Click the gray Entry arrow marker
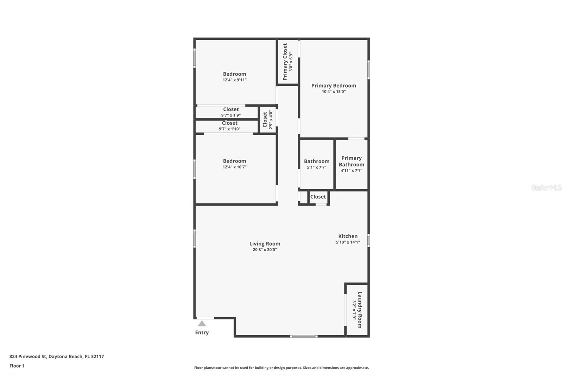[x=202, y=324]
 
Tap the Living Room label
[x=265, y=243]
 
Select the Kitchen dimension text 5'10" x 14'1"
[x=348, y=242]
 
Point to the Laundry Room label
[x=360, y=310]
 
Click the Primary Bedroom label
[x=334, y=85]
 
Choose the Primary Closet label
[x=285, y=62]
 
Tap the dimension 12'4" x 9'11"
[x=234, y=80]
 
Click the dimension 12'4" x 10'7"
[x=234, y=167]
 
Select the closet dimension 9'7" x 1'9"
[x=231, y=115]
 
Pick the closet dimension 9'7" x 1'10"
[x=229, y=129]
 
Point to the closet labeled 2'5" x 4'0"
[x=268, y=120]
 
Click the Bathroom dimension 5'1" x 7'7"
[x=317, y=167]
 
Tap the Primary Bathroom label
[x=352, y=161]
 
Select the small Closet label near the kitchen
[x=318, y=197]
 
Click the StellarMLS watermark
[x=546, y=187]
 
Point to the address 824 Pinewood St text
[x=28, y=356]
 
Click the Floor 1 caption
[x=17, y=366]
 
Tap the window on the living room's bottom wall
[x=304, y=336]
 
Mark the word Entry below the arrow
[x=202, y=332]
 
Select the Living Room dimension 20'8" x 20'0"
[x=265, y=249]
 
